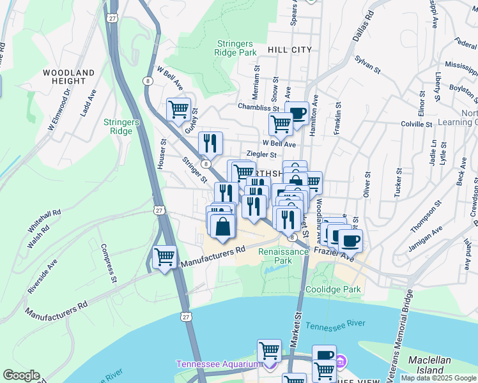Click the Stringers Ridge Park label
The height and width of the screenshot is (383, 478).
pos(236,49)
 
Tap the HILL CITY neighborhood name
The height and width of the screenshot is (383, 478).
pos(290,49)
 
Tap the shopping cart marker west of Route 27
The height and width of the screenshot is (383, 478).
pos(165,257)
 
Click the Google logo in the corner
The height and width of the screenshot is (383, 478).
pos(21,375)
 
